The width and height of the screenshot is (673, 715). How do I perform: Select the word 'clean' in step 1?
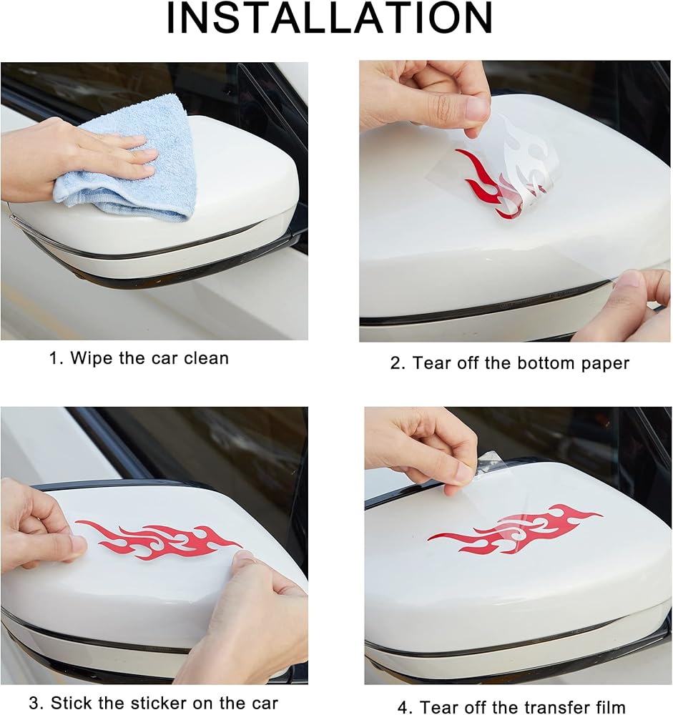click(x=206, y=358)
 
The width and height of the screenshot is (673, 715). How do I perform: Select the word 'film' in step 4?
click(x=609, y=707)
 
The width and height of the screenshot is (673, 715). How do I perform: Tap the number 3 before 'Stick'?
click(x=34, y=703)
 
